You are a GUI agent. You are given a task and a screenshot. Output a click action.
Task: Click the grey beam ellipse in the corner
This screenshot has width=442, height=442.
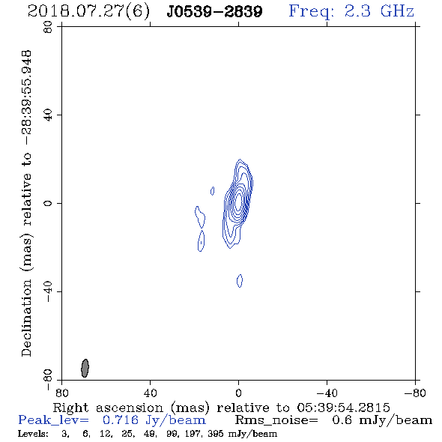coord(85,368)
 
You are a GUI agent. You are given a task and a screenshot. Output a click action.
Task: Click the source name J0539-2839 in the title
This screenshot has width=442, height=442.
coord(214,12)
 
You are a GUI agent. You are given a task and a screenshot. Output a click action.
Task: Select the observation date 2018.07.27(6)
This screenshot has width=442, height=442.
coord(88,12)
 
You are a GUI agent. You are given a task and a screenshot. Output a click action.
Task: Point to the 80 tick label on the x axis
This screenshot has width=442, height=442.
coord(61,393)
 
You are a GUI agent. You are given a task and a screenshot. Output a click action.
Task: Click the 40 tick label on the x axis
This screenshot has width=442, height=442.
coord(150,393)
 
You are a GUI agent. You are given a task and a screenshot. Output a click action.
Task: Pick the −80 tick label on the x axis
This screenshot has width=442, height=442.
coord(415,393)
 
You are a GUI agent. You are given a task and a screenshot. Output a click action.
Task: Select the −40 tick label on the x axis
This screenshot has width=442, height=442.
coord(327,393)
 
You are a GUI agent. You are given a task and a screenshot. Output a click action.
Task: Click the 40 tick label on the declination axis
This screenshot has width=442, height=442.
coord(48,115)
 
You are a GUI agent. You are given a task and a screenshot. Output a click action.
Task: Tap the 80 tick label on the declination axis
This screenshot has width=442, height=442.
coord(48,27)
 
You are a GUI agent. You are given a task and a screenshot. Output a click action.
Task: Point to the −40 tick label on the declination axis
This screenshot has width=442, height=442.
coord(48,291)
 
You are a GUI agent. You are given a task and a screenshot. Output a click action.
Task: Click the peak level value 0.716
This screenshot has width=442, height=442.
coord(121,420)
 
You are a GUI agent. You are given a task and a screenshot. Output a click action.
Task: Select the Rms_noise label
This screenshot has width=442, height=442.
coord(276,420)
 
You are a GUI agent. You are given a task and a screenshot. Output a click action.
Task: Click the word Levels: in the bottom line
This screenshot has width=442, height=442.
coord(33,434)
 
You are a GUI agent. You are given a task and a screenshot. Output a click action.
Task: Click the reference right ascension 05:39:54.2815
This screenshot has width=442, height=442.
coord(343,408)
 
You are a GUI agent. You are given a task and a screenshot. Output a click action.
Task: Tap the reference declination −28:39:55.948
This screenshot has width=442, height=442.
coord(26,97)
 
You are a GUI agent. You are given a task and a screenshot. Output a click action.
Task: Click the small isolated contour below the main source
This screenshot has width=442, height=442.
coord(240,281)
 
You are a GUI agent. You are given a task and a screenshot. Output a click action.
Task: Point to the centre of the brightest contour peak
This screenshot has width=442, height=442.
coord(238,202)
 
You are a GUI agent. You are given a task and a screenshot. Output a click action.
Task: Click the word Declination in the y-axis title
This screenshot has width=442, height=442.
coord(26,318)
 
